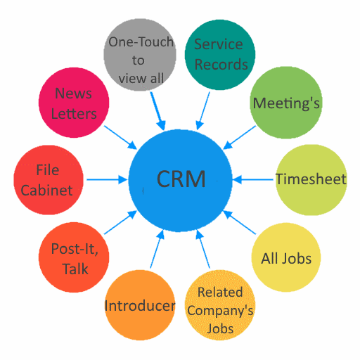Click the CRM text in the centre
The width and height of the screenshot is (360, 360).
click(x=181, y=179)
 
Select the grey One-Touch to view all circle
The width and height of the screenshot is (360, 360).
click(x=140, y=55)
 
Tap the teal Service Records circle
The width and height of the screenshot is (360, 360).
click(x=220, y=55)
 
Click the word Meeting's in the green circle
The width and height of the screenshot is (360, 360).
click(x=286, y=103)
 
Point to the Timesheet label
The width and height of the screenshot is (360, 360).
click(x=311, y=179)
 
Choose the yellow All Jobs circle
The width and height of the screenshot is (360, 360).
click(x=286, y=257)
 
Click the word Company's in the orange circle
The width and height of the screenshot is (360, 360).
click(x=220, y=311)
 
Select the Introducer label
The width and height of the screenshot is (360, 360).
click(x=140, y=306)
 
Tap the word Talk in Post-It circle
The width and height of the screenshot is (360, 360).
click(x=75, y=269)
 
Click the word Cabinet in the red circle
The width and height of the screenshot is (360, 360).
click(x=46, y=190)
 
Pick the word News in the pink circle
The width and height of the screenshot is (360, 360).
click(x=73, y=94)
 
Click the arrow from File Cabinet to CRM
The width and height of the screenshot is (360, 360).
click(x=107, y=180)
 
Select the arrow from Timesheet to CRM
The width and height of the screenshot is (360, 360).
click(x=253, y=180)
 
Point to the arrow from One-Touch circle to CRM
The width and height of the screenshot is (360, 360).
click(x=158, y=111)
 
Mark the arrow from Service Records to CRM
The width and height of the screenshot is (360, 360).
click(x=202, y=111)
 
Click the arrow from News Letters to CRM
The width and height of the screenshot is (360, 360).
click(x=120, y=138)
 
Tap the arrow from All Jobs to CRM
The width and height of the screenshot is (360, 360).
click(x=239, y=222)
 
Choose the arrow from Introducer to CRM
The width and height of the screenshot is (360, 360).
click(x=157, y=249)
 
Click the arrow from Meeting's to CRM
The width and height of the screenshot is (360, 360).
click(x=239, y=138)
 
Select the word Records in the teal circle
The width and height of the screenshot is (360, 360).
click(x=221, y=65)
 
